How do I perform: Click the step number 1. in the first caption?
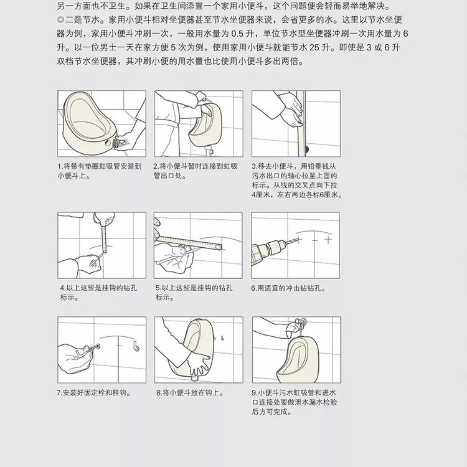(x=60, y=166)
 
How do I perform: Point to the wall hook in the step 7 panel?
(x=136, y=347)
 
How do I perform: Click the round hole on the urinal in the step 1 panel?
(x=107, y=143)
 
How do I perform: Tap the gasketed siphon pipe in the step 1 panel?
(x=117, y=143)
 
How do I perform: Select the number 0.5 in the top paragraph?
(x=237, y=34)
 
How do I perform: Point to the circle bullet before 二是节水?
(x=60, y=20)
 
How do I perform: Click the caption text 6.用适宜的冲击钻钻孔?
(x=288, y=288)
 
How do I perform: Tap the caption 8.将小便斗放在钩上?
(x=190, y=393)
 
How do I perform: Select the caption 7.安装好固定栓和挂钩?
(x=94, y=393)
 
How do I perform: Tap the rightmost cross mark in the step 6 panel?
(x=328, y=240)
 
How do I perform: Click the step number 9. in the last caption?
(x=254, y=393)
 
